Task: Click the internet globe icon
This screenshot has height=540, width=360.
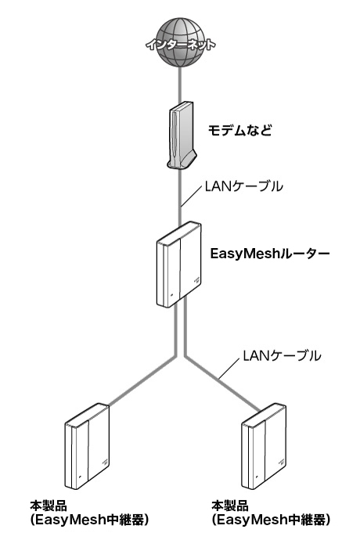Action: pyautogui.click(x=180, y=42)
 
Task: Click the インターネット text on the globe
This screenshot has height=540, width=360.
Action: pyautogui.click(x=181, y=45)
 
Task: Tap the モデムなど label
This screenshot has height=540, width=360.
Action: pyautogui.click(x=239, y=130)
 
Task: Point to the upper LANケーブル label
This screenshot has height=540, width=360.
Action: pyautogui.click(x=243, y=186)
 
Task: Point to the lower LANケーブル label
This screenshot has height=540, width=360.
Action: pyautogui.click(x=282, y=355)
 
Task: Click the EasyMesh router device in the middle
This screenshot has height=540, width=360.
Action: pyautogui.click(x=178, y=265)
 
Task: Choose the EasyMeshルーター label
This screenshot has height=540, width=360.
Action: pyautogui.click(x=270, y=254)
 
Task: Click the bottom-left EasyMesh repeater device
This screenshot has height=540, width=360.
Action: pyautogui.click(x=87, y=445)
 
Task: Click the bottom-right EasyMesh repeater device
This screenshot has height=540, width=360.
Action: pyautogui.click(x=264, y=445)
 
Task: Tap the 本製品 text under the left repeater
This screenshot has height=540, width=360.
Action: pyautogui.click(x=49, y=506)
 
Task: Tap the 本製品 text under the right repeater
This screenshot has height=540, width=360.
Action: pyautogui.click(x=230, y=506)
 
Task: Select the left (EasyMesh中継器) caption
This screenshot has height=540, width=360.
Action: pyautogui.click(x=89, y=520)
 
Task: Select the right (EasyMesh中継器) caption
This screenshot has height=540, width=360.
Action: pyautogui.click(x=271, y=520)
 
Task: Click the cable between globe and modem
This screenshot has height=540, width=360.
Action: pyautogui.click(x=180, y=85)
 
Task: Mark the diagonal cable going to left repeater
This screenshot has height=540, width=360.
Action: pyautogui.click(x=142, y=380)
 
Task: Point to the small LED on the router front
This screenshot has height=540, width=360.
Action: pyautogui.click(x=171, y=296)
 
